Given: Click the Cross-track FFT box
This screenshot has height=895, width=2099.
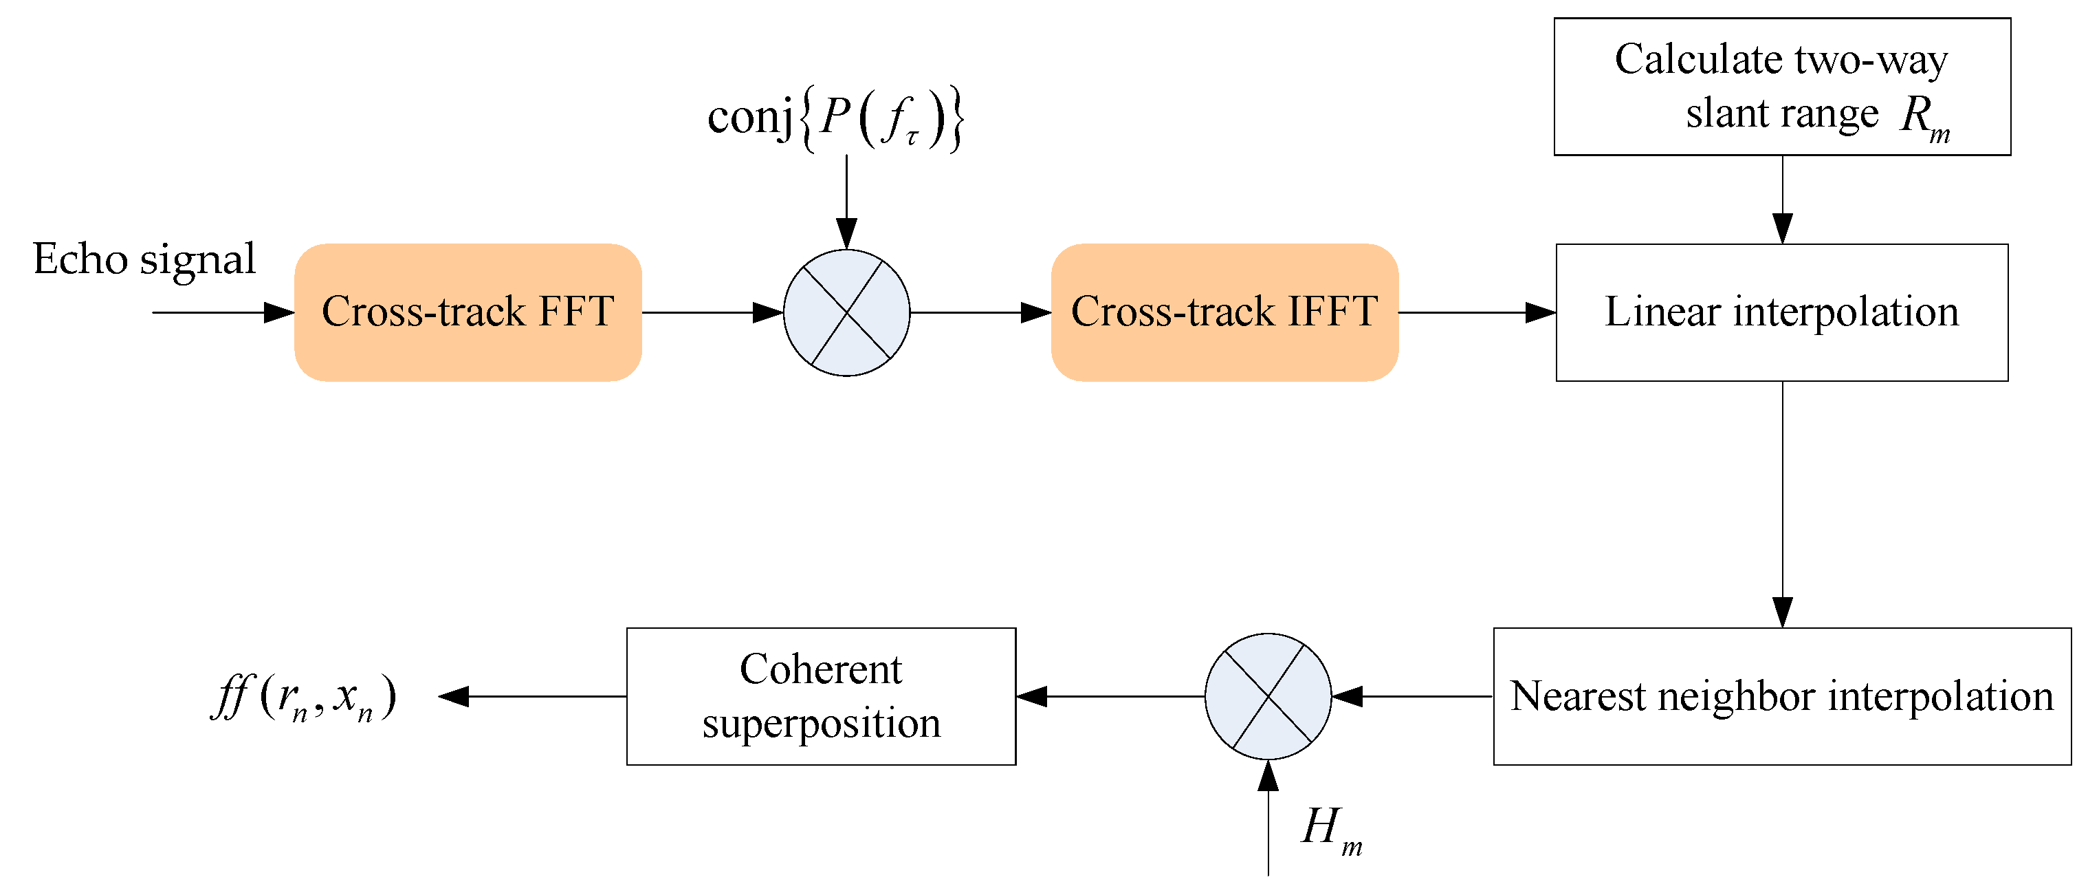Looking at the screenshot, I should point(468,312).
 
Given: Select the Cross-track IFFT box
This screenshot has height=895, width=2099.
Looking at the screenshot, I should point(1224,312).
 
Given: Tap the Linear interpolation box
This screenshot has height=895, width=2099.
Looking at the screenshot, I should point(1781,312).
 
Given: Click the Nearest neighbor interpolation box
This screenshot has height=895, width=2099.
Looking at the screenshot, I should point(1781,696).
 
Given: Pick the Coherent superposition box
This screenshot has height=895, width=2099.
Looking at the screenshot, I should point(820,696).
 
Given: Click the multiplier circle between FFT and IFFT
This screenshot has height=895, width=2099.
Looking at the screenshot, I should point(846,312).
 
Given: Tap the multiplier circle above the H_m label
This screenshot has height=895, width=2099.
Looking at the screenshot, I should point(1268,696).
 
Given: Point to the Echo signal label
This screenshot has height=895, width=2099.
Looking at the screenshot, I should point(144,259).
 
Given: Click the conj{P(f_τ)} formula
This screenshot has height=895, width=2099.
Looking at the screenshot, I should point(835,118).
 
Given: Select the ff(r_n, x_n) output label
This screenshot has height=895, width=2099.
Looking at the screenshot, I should point(304,698).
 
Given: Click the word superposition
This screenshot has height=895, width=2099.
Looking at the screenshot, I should point(822,723).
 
